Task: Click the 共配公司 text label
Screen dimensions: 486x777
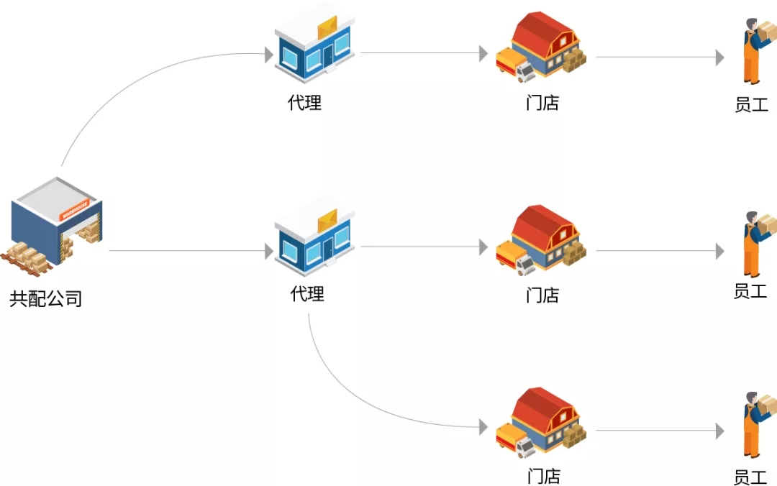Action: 46,298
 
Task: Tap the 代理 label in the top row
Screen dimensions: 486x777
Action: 305,103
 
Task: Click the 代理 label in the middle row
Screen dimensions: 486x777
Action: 307,294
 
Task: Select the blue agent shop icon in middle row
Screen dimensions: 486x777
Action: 314,237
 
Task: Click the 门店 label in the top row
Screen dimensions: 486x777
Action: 542,104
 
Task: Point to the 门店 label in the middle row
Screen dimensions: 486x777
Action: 542,295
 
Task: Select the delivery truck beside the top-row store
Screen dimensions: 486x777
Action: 516,65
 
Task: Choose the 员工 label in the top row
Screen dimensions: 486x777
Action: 752,105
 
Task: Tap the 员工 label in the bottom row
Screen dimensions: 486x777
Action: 750,477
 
